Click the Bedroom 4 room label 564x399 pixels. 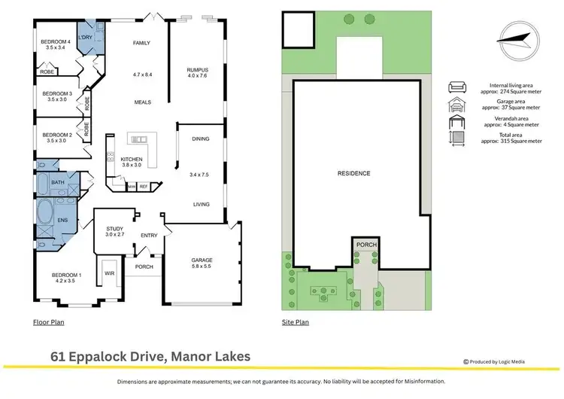click(56, 44)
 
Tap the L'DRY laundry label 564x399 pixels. click(85, 37)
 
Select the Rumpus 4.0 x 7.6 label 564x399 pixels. click(198, 73)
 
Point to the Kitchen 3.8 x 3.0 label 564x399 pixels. click(132, 162)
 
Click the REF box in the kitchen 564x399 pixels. click(144, 187)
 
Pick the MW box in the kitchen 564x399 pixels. click(132, 187)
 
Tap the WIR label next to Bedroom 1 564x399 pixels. click(109, 273)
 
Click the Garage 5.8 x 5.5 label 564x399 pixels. click(202, 263)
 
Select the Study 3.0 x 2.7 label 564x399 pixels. click(115, 232)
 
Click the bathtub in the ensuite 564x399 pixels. click(45, 211)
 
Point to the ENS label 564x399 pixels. click(62, 220)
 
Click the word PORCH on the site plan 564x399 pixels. click(366, 245)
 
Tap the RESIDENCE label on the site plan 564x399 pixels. click(354, 174)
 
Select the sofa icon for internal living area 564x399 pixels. click(457, 87)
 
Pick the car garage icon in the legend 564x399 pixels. click(457, 105)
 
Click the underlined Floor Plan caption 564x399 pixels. click(49, 322)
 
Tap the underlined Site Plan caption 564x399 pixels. click(296, 322)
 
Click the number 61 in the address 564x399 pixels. click(58, 357)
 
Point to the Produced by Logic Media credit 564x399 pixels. click(494, 361)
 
